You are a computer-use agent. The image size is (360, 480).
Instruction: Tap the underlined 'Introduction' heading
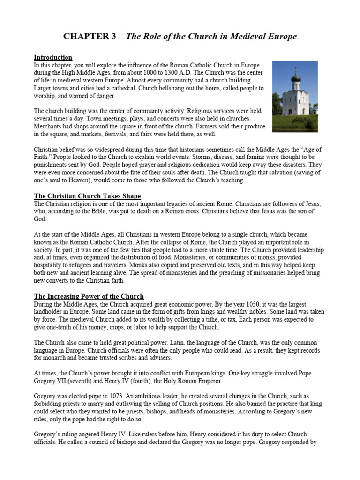pos(53,57)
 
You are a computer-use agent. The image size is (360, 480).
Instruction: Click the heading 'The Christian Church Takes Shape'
pos(87,195)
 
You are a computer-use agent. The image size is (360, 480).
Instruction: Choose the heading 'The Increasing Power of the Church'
pos(89,296)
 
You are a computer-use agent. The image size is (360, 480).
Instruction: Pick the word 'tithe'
pos(213,319)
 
